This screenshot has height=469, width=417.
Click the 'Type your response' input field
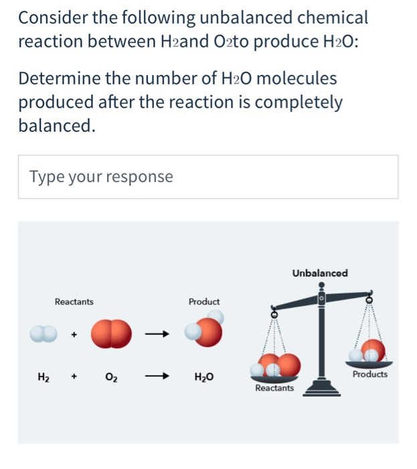tap(207, 177)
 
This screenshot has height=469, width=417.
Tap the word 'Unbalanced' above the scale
tap(319, 273)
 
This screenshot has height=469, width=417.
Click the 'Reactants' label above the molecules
tap(74, 302)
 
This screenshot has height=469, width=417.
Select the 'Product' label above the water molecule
tap(203, 302)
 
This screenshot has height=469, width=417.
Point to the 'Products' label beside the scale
tap(370, 375)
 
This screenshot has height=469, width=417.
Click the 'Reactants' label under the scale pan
tap(274, 388)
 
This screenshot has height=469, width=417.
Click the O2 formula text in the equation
tap(110, 377)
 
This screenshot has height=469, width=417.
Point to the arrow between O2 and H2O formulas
tap(155, 377)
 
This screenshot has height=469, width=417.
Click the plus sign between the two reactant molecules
tap(74, 333)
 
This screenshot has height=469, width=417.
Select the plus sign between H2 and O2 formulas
tap(74, 377)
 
